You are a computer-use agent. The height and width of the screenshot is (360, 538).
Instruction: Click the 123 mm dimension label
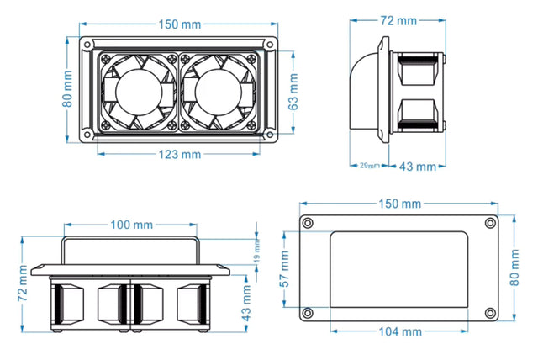[x=179, y=154]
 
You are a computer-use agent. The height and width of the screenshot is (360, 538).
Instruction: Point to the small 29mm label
[x=369, y=166]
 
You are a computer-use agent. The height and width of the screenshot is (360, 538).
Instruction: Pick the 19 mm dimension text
[x=257, y=250]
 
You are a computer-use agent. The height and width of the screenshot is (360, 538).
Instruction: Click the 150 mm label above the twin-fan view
[x=179, y=24]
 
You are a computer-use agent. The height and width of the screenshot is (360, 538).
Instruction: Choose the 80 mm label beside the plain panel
[x=515, y=269]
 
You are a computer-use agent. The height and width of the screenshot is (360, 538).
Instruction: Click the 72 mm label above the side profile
[x=398, y=19]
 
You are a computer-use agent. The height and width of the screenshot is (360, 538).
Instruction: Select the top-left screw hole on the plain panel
[x=308, y=222]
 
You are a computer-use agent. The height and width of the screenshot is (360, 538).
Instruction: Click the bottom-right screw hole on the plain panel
[x=488, y=314]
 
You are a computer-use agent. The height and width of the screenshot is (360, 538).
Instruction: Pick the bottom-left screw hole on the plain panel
[x=308, y=314]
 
